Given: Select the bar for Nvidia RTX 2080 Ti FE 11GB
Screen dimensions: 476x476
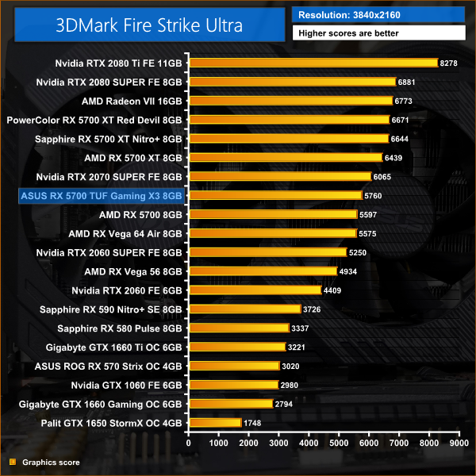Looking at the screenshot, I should (x=313, y=62).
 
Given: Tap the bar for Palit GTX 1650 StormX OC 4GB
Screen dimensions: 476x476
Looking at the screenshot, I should (x=214, y=423).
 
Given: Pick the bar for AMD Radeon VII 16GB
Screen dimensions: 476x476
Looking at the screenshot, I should (x=290, y=100).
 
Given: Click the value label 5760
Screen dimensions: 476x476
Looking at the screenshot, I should (x=374, y=195).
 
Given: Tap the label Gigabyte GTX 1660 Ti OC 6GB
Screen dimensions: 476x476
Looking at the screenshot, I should (x=115, y=347).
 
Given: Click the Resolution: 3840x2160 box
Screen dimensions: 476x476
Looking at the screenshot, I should (x=378, y=15).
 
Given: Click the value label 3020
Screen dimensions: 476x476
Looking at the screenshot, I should (x=292, y=366).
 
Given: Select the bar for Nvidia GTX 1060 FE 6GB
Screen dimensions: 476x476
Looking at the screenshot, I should (x=232, y=385).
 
